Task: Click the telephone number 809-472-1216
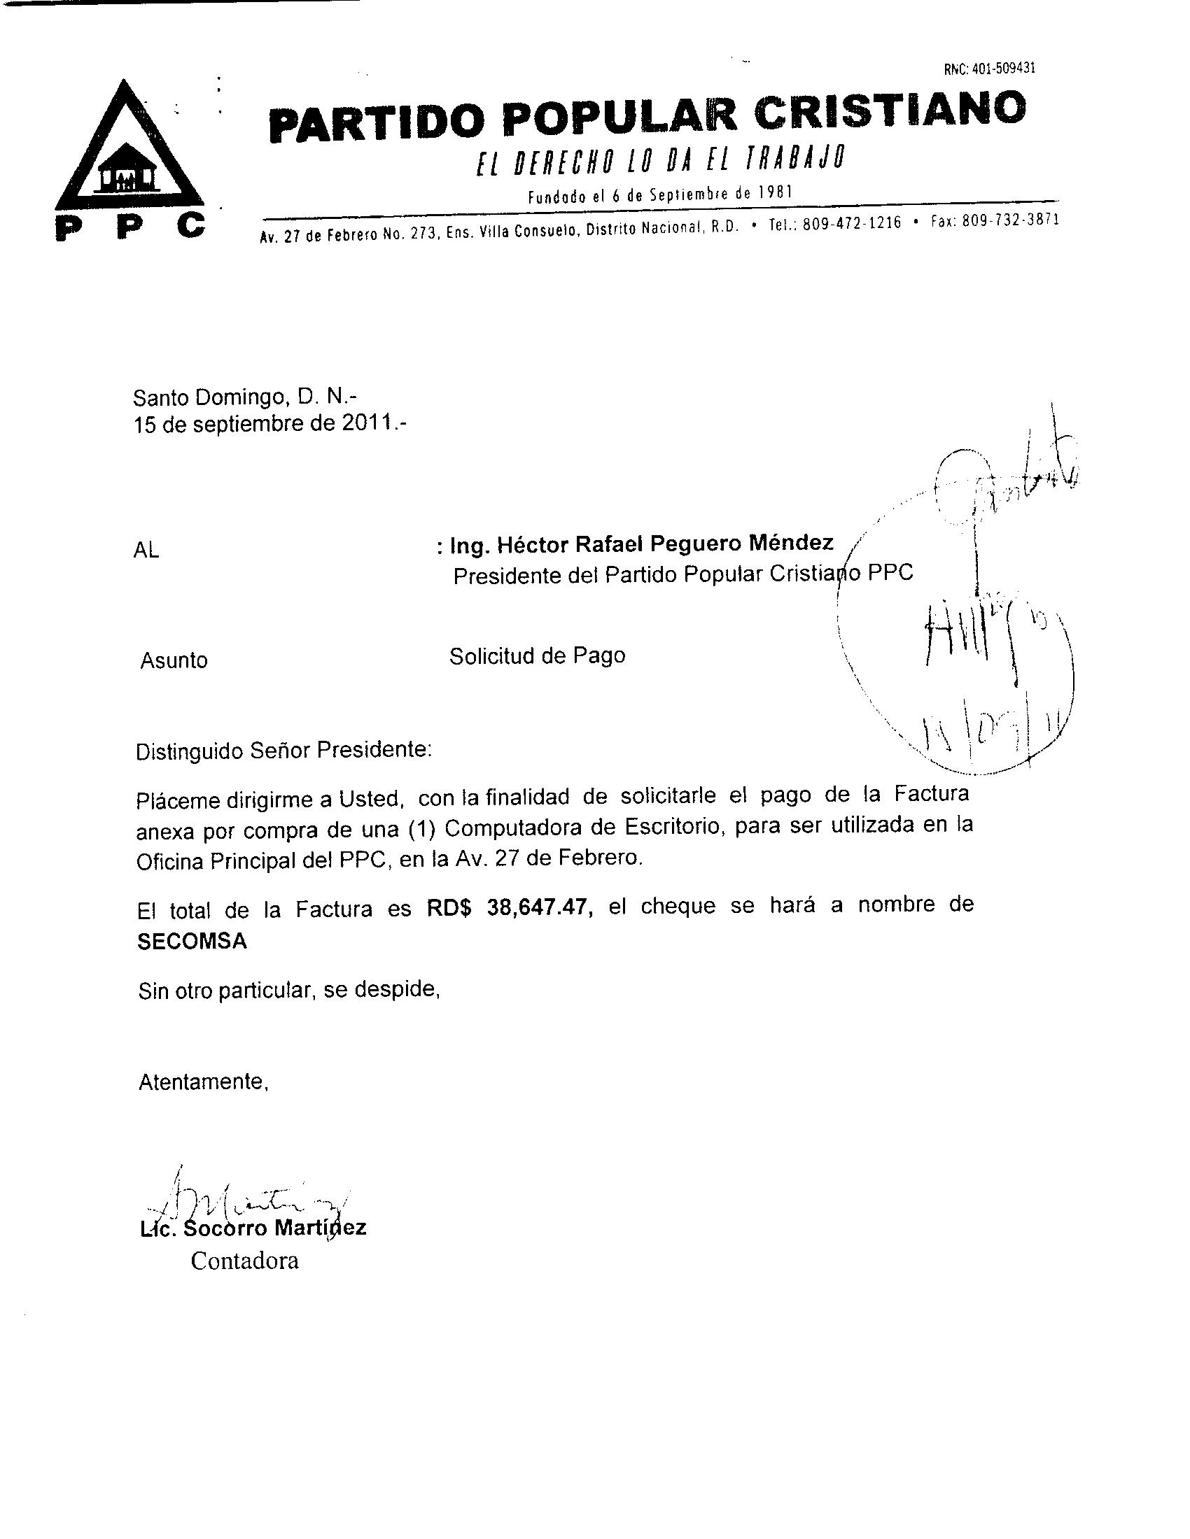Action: (x=852, y=223)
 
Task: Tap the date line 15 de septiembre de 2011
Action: (x=269, y=424)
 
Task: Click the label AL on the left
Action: (x=146, y=551)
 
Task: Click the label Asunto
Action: (x=174, y=660)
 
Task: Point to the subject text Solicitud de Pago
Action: (x=537, y=656)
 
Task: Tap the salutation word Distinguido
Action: (x=189, y=751)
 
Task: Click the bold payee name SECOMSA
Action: (x=192, y=942)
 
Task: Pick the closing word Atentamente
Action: (x=203, y=1081)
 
